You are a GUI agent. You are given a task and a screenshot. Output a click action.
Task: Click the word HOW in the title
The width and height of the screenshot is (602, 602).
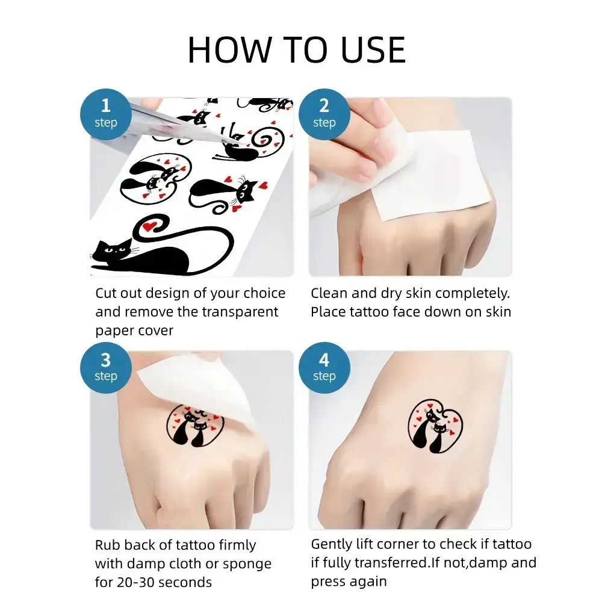[x=229, y=50]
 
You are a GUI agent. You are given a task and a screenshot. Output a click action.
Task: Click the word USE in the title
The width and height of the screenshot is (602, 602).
[x=373, y=50]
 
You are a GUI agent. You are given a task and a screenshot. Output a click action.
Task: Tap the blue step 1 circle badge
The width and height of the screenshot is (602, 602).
[x=105, y=114]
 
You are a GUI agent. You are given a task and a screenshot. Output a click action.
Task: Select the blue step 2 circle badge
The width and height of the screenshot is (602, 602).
[x=324, y=114]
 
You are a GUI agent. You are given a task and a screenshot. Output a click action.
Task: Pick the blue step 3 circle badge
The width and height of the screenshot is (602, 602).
[x=105, y=368]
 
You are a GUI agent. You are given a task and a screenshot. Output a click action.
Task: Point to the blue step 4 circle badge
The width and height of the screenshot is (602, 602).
[x=324, y=368]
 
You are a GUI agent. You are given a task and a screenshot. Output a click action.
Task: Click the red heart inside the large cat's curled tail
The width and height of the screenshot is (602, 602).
[x=149, y=226]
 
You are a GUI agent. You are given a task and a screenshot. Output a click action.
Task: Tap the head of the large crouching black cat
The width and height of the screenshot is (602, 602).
[x=114, y=250]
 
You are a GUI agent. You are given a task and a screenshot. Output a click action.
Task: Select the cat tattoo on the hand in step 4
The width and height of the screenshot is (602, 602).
[x=435, y=427]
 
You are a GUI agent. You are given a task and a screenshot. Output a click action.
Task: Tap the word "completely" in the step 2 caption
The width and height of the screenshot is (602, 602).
[x=471, y=293]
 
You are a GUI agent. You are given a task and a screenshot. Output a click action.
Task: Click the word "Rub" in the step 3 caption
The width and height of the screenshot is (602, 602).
[x=108, y=545]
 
